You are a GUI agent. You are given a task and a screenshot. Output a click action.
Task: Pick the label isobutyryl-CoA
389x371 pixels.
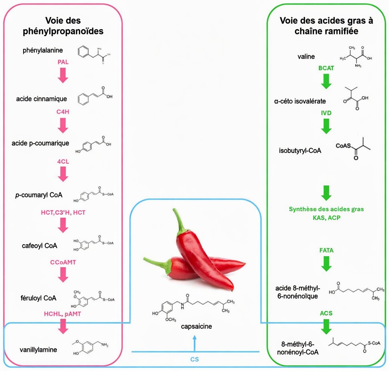(300, 151)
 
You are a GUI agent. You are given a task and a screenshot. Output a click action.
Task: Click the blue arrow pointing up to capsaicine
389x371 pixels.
(194, 342)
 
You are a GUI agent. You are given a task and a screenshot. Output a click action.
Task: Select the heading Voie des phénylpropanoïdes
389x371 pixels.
(63, 26)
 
